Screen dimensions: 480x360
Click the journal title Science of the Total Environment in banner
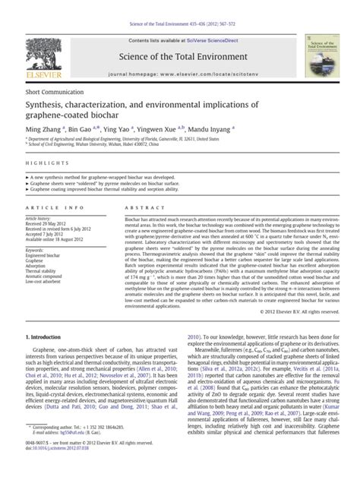pyautogui.click(x=182, y=56)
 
